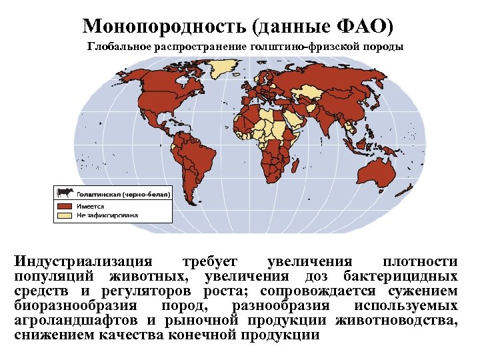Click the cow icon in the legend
click(x=65, y=193)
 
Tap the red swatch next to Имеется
click(x=65, y=206)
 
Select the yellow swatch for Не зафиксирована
click(x=65, y=215)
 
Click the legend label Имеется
click(x=91, y=206)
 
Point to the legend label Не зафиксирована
click(x=107, y=215)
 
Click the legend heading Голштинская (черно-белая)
click(x=123, y=193)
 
